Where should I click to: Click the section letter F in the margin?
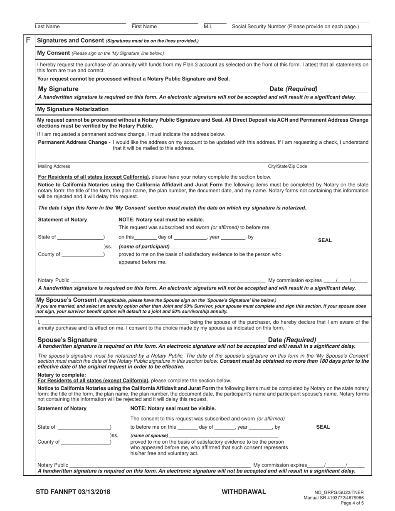click(x=28, y=40)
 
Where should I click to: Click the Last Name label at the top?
click(x=47, y=27)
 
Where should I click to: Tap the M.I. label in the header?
click(x=208, y=27)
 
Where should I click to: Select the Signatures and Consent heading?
click(x=70, y=40)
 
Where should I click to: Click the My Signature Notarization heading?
click(x=73, y=109)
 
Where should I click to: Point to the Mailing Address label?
click(x=54, y=166)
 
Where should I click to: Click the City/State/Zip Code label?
click(x=287, y=166)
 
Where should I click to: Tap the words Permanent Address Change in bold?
click(x=74, y=142)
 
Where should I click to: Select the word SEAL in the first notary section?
click(x=325, y=240)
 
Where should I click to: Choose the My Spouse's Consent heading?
click(x=67, y=300)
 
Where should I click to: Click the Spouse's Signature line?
click(x=181, y=340)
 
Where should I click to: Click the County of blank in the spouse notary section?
click(x=85, y=442)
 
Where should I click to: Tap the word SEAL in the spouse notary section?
click(x=323, y=427)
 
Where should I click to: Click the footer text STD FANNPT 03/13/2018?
click(x=73, y=492)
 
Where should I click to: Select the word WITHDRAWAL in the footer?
click(x=244, y=492)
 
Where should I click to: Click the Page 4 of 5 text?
click(x=352, y=503)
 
